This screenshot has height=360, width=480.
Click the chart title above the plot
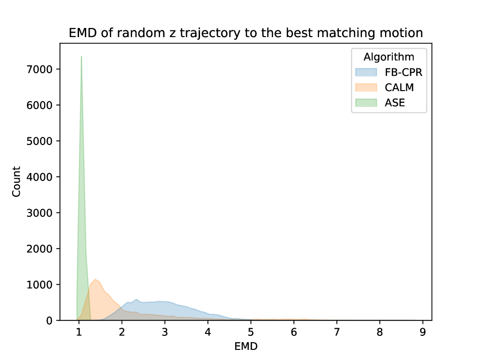[x=246, y=33]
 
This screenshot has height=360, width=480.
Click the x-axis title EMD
[x=246, y=346]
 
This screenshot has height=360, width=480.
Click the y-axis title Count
[x=16, y=182]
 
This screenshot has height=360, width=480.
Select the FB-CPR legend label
[x=403, y=72]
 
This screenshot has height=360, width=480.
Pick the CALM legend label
[x=399, y=88]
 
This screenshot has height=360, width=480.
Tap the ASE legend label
[x=395, y=103]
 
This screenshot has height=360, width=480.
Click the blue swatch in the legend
[x=366, y=72]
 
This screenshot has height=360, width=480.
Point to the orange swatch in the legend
[x=366, y=88]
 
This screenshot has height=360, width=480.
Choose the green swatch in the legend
[x=366, y=103]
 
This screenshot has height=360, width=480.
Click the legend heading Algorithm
[x=389, y=57]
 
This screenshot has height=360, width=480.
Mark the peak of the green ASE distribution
[x=81, y=57]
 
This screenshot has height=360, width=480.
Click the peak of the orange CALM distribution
[x=95, y=280]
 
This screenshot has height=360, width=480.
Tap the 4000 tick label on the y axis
[x=40, y=177]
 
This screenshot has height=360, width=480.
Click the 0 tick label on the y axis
[x=49, y=320]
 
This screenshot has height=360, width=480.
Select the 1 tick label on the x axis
[x=79, y=332]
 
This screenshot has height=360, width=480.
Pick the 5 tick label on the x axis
[x=251, y=332]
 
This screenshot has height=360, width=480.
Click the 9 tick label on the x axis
[x=423, y=332]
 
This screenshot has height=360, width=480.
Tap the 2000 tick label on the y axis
[x=40, y=249]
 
